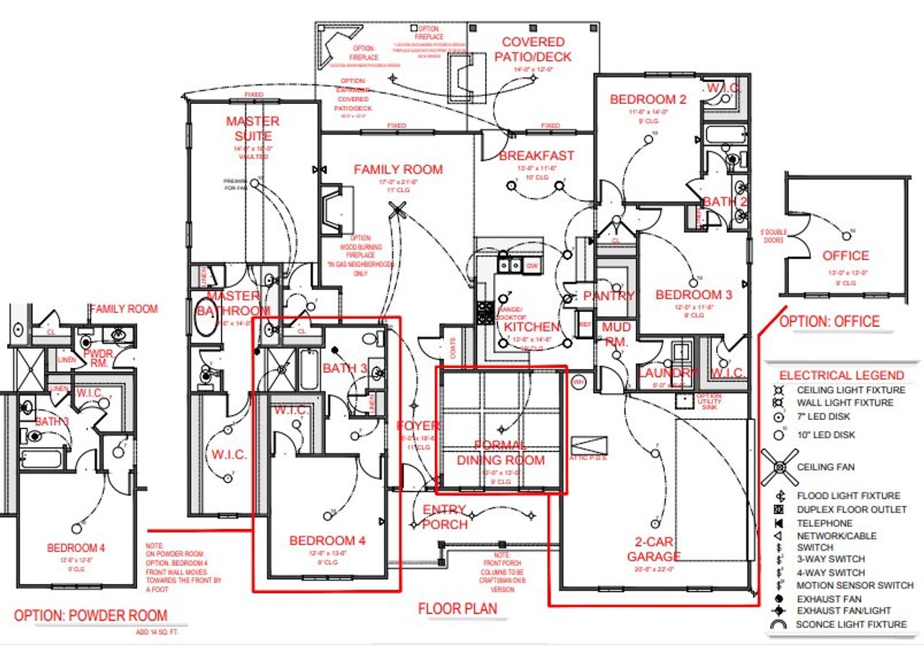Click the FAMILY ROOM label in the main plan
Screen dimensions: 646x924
coord(398,170)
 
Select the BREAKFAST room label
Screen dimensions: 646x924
coord(536,155)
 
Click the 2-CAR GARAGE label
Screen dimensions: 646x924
coord(653,548)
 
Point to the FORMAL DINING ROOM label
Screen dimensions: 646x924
coord(500,453)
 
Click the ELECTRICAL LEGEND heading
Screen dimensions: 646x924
coord(841,375)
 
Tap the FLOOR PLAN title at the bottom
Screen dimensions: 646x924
coord(458,608)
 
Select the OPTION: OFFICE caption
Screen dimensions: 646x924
coord(829,321)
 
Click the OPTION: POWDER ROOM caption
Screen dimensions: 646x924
coord(91,616)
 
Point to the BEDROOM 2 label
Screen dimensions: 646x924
coord(648,100)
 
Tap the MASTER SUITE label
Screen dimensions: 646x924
coord(253,128)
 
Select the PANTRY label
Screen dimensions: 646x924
coord(609,296)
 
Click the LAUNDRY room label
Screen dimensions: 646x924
coord(668,373)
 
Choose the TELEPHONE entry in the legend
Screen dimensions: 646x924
coord(824,523)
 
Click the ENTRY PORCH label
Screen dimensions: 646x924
coord(444,517)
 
